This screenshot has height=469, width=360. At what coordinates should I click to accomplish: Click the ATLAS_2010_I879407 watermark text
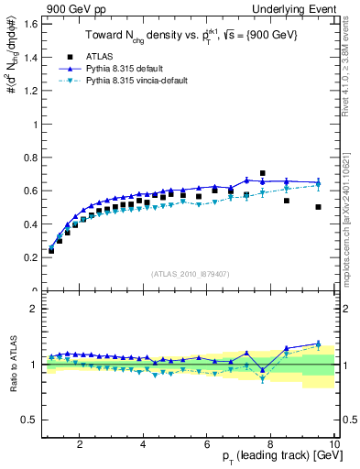point(189,272)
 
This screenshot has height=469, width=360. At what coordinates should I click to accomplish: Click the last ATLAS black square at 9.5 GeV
point(318,207)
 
